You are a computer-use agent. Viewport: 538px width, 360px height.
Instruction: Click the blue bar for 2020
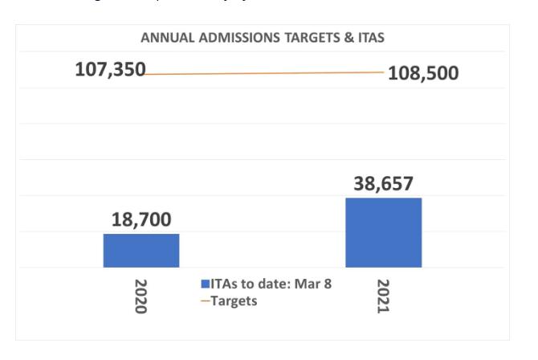[x=141, y=250]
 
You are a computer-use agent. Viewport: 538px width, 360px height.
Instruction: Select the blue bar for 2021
[x=383, y=232]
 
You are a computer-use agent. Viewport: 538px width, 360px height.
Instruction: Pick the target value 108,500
[x=423, y=73]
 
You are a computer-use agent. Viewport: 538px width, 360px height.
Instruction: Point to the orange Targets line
[x=265, y=73]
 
